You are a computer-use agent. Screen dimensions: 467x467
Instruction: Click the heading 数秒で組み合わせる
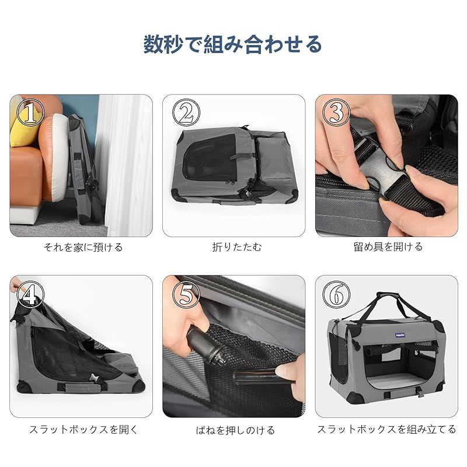233,44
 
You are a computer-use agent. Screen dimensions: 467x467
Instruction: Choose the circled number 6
336,295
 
